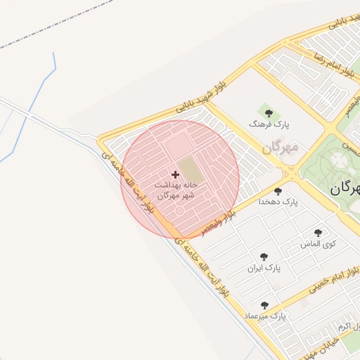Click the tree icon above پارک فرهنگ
pos(266,112)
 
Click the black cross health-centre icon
pos(175,174)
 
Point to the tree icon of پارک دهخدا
pos(278,191)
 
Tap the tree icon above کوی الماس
pos(318,233)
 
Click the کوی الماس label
pos(318,244)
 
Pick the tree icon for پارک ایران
pos(264,257)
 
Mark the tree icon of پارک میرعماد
pos(264,305)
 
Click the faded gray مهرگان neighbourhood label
pos(281,148)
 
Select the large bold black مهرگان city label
pos(345,188)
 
